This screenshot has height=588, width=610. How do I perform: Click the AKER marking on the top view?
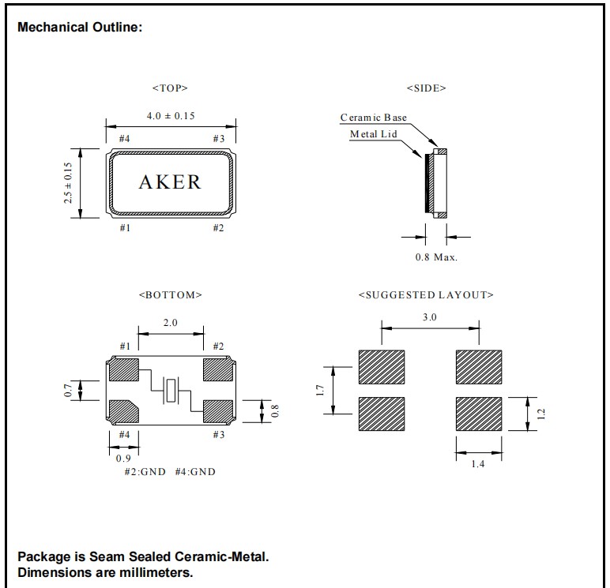[x=170, y=182]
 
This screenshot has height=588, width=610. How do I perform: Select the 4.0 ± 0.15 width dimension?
[x=171, y=115]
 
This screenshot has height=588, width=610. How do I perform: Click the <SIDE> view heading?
[x=426, y=88]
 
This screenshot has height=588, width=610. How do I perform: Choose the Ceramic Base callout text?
[x=374, y=118]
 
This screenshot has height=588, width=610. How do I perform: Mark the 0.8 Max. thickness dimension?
[x=436, y=257]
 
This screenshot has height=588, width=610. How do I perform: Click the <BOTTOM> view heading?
[x=170, y=294]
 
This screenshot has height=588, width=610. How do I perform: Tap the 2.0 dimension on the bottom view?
[x=170, y=323]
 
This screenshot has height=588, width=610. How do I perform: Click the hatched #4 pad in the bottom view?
[x=124, y=412]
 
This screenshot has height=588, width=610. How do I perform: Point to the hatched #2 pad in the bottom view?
[x=218, y=369]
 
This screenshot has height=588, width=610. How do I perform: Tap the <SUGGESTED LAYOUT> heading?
[x=426, y=294]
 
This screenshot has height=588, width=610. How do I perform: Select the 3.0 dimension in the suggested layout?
[x=430, y=316]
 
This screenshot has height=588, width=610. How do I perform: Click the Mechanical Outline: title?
[x=80, y=28]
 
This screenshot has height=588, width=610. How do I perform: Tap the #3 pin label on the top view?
[x=219, y=139]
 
